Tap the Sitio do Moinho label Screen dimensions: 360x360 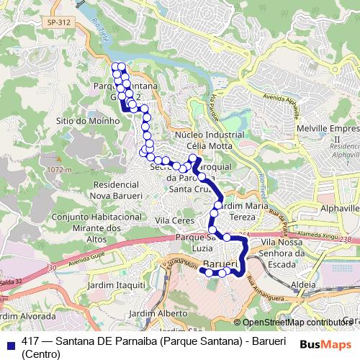[87, 120]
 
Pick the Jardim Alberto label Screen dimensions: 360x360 [163, 314]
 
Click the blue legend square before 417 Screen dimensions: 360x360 [9, 342]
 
